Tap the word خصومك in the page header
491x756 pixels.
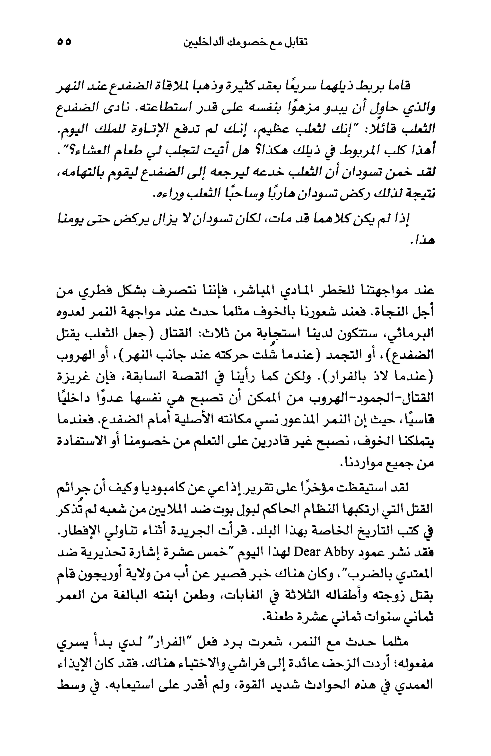[x=248, y=42]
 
